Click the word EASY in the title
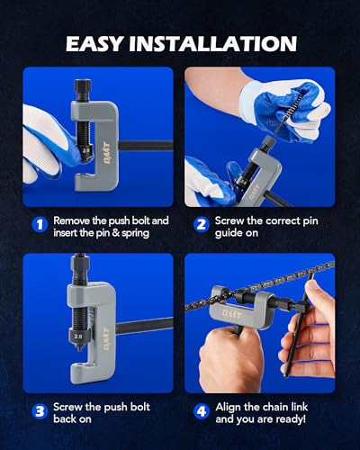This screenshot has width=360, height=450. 94,44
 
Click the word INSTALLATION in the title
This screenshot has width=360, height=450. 213,44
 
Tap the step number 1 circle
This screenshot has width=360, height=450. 40,225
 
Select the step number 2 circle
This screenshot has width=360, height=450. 202,225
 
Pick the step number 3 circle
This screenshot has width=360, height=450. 40,411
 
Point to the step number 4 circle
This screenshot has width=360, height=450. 202,411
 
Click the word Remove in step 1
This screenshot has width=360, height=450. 71,220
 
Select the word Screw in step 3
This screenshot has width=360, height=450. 68,407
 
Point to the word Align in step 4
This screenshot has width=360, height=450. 228,407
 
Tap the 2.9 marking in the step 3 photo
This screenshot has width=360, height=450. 78,337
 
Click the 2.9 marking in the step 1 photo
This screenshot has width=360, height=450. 86,150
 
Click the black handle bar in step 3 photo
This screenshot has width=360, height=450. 144,326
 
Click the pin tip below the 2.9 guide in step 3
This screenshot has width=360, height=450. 79,348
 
